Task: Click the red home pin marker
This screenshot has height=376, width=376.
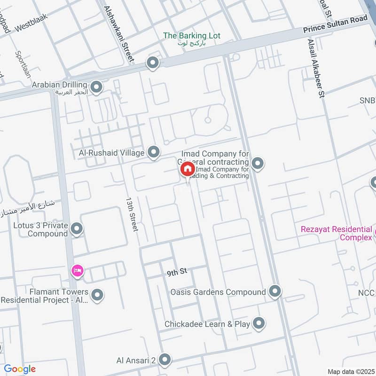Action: click(187, 169)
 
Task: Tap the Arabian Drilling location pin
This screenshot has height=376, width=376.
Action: click(96, 87)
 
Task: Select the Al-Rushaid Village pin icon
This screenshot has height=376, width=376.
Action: click(153, 152)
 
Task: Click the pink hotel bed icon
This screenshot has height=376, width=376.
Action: click(77, 271)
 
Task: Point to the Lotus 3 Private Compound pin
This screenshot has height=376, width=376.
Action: click(77, 229)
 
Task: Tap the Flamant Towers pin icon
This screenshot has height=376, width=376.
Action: click(97, 295)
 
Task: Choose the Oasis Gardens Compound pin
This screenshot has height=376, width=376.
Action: click(275, 292)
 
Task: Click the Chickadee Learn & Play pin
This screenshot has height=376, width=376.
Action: click(258, 323)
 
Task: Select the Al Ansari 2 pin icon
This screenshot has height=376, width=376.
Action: click(164, 360)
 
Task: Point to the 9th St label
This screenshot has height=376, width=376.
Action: click(177, 272)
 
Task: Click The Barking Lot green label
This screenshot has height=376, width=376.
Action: click(191, 36)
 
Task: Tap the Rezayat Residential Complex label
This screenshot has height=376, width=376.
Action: click(336, 233)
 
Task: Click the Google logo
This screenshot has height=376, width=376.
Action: click(20, 369)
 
